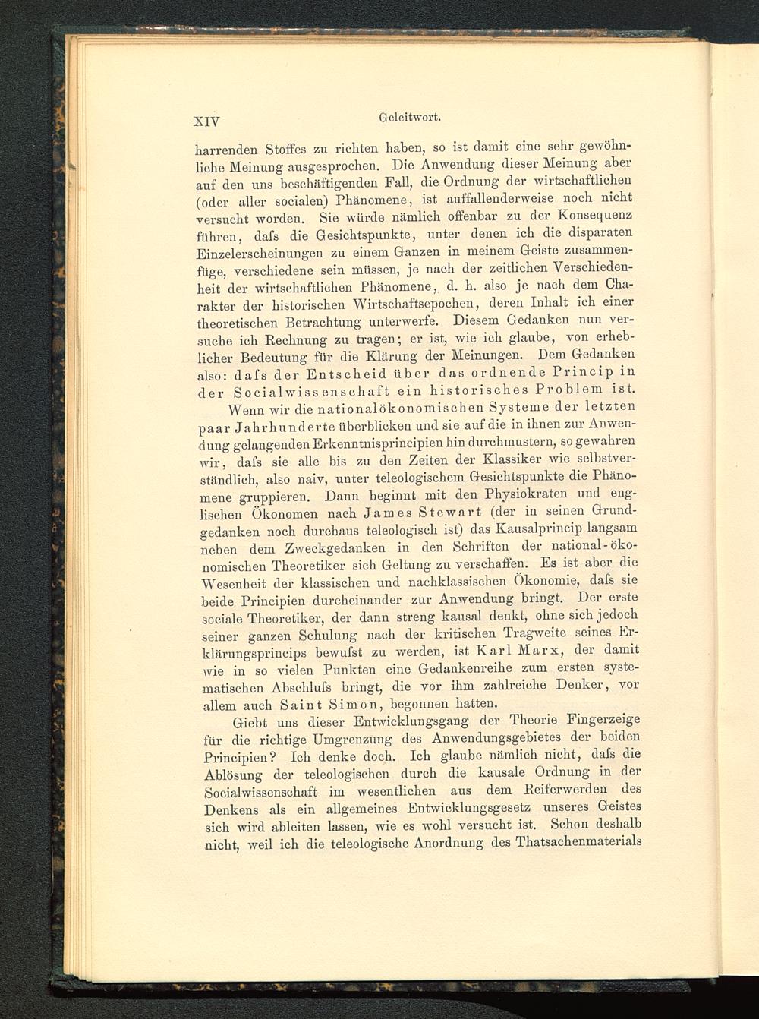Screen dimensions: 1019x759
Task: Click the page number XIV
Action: (206, 120)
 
